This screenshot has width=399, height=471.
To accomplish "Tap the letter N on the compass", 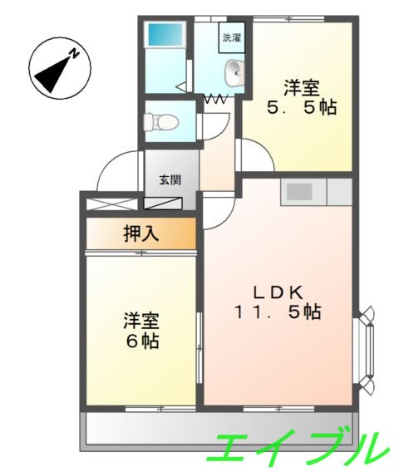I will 73,55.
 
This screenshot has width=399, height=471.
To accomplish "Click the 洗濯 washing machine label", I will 231,37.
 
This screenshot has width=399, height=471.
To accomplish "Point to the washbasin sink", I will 234,73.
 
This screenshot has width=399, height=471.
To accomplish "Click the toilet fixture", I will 162,122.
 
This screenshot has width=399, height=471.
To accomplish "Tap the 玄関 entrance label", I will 170,179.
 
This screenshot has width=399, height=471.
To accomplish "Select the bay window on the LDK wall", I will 366,348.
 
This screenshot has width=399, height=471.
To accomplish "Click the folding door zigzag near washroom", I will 218,99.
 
